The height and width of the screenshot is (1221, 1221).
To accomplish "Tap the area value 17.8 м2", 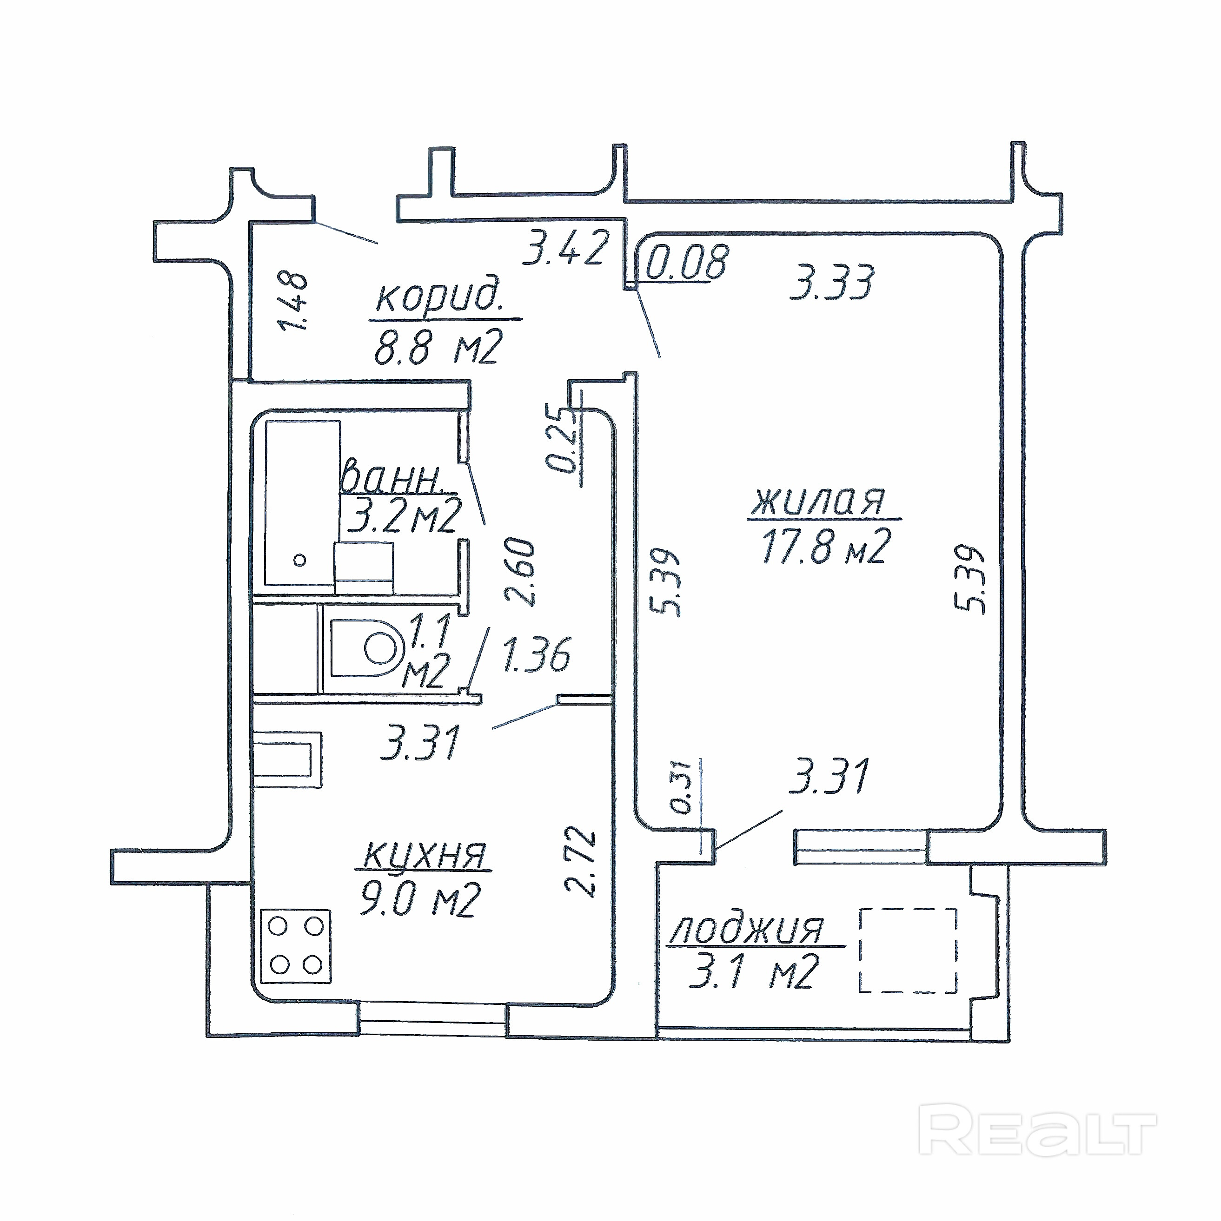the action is coord(826,545).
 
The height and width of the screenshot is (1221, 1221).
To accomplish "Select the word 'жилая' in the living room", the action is coord(818,501).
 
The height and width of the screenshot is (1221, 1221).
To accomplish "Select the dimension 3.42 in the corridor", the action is coord(566,248).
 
